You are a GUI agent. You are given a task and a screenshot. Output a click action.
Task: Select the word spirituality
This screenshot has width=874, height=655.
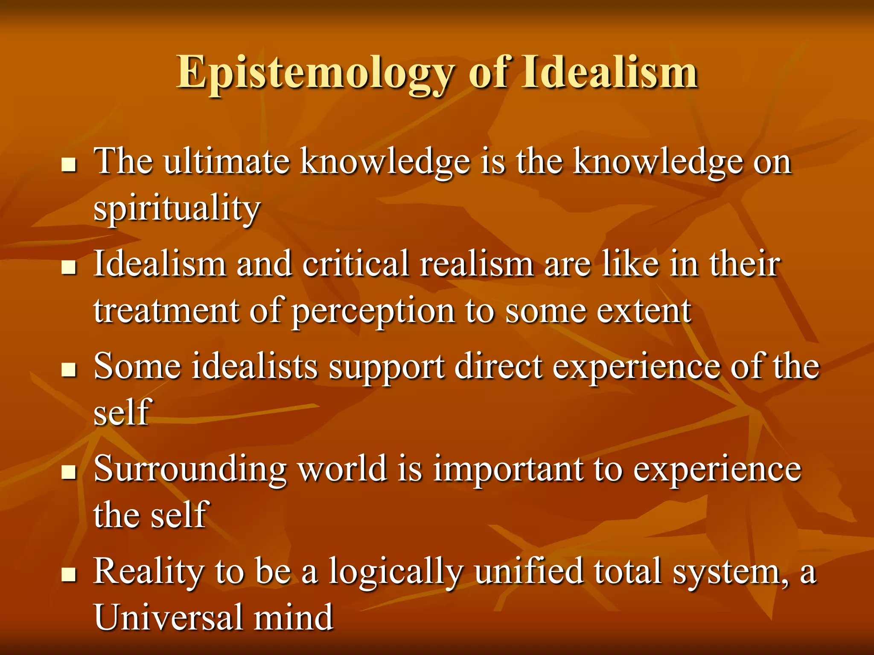[x=176, y=209]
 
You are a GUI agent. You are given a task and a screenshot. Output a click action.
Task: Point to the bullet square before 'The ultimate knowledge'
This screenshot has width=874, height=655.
[x=68, y=165]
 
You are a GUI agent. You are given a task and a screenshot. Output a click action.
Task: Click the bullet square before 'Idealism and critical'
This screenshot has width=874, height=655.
[x=68, y=267]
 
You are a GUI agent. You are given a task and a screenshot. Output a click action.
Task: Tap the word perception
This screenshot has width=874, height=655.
[x=373, y=312]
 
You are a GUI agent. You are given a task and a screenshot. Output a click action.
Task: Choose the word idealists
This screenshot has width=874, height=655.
[x=254, y=366]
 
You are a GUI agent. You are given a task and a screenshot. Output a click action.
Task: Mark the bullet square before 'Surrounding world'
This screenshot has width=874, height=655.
[x=68, y=472]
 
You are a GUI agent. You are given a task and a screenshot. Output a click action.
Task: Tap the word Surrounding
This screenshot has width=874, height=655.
[x=190, y=470]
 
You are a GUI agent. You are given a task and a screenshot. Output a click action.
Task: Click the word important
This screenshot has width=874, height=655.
[x=508, y=470]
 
